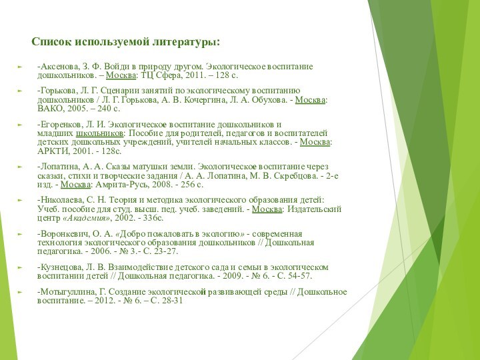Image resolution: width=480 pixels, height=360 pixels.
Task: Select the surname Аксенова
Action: point(60,67)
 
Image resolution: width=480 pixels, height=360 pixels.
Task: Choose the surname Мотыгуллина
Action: point(67,291)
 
